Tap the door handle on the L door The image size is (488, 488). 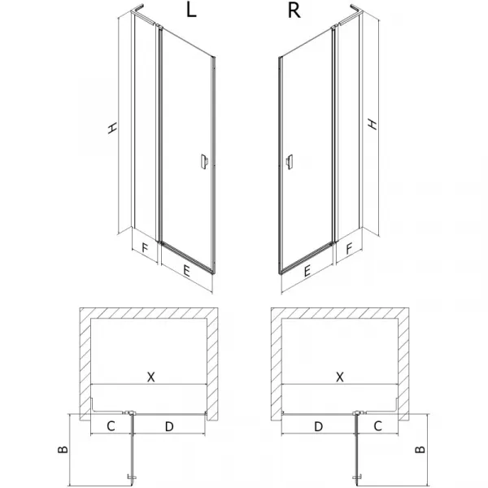[x=204, y=162]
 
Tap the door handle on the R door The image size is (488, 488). [x=290, y=162]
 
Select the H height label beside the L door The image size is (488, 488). [x=112, y=128]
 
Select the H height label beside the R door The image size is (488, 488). [x=373, y=124]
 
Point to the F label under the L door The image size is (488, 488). [x=145, y=248]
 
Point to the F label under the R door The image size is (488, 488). [x=349, y=249]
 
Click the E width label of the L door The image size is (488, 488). [x=186, y=271]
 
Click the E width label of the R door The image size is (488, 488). [x=307, y=271]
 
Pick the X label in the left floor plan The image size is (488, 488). [x=150, y=377]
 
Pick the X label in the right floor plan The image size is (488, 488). [x=340, y=377]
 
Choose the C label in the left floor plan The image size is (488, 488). [x=111, y=426]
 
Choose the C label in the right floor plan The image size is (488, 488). [x=377, y=425]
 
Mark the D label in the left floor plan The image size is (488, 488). [x=169, y=426]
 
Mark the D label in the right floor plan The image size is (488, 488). [x=318, y=426]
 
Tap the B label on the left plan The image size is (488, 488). [x=63, y=450]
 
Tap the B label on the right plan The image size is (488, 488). [x=420, y=449]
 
